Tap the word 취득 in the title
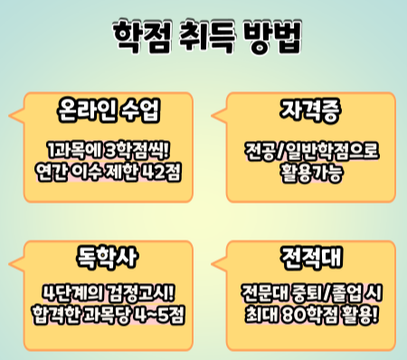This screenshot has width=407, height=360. (x=208, y=37)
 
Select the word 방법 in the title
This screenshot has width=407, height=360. (x=273, y=37)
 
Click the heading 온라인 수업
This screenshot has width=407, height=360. (x=109, y=110)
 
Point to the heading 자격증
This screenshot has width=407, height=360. (x=310, y=110)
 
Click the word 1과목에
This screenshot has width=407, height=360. (x=72, y=150)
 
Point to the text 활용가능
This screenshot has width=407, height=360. (x=312, y=173)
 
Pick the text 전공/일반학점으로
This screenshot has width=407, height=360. (x=312, y=150)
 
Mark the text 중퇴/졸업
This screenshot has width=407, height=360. (x=327, y=292)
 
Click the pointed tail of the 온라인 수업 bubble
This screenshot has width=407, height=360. (x=10, y=116)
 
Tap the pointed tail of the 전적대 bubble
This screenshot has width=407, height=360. (x=213, y=264)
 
